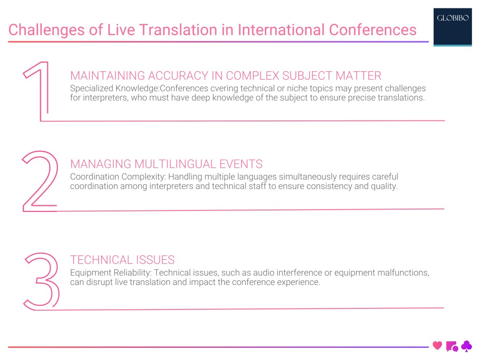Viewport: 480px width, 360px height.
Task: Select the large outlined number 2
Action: pos(40,180)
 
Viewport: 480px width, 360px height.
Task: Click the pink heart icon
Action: pos(437,346)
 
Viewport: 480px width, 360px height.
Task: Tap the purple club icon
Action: pos(466,346)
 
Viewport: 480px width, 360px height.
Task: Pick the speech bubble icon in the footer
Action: pos(452,346)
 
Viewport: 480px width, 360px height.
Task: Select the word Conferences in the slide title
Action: pos(373,30)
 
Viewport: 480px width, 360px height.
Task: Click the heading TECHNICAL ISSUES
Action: pos(122,260)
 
